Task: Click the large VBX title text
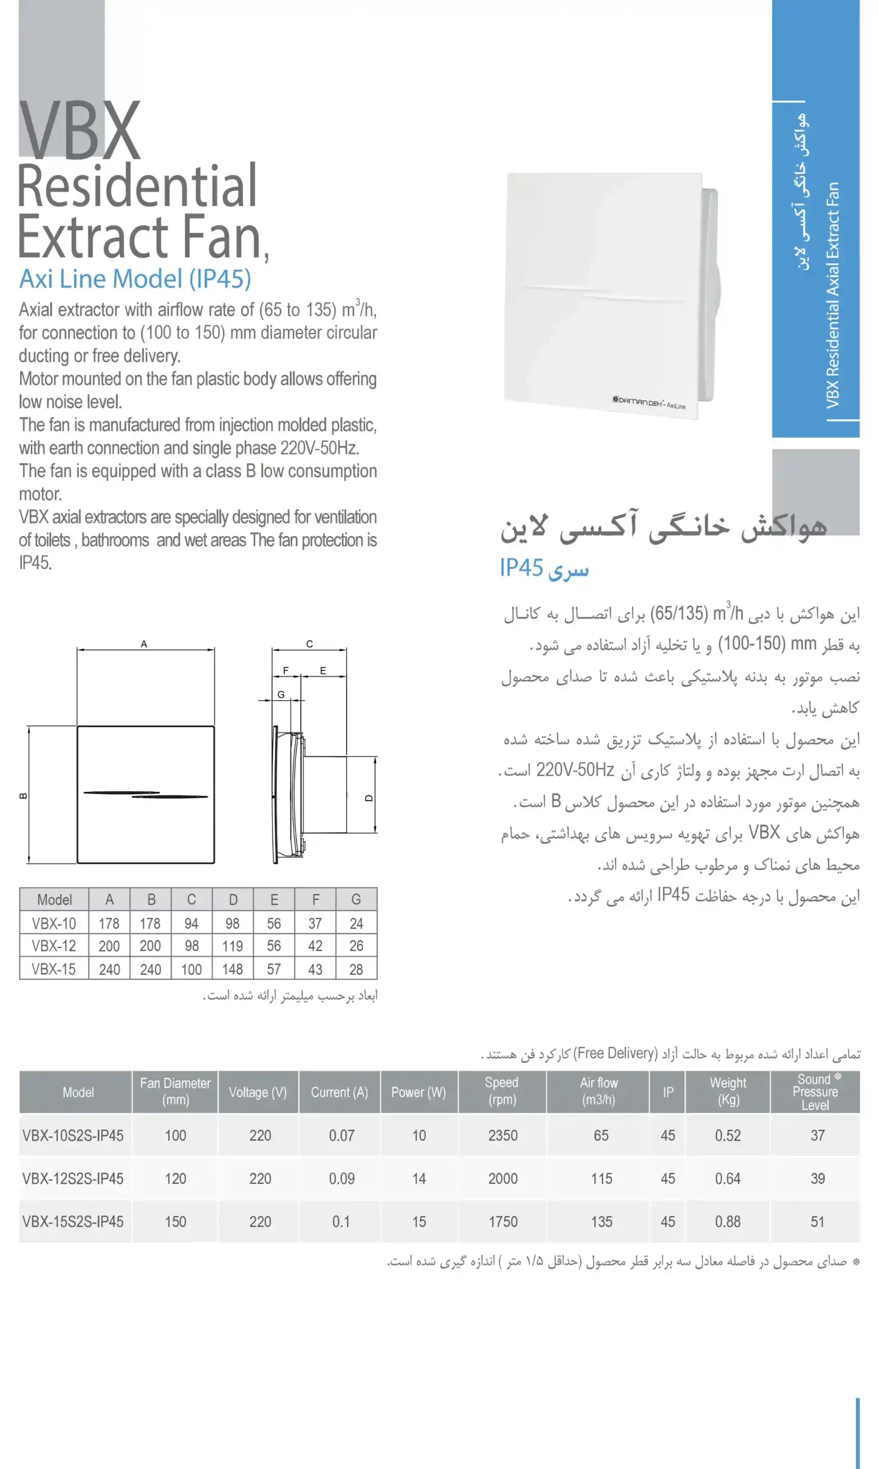pyautogui.click(x=79, y=130)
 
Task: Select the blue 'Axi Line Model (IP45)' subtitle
pyautogui.click(x=135, y=278)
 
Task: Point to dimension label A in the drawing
pyautogui.click(x=144, y=644)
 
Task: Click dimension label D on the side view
pyautogui.click(x=369, y=798)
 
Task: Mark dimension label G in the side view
pyautogui.click(x=281, y=694)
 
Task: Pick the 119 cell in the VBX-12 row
pyautogui.click(x=232, y=946)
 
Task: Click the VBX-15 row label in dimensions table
pyautogui.click(x=54, y=969)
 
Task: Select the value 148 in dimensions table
pyautogui.click(x=232, y=969)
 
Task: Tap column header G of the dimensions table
pyautogui.click(x=356, y=899)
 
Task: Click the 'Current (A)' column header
pyautogui.click(x=340, y=1092)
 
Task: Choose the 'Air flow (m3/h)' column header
pyautogui.click(x=598, y=1091)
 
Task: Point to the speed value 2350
pyautogui.click(x=502, y=1136)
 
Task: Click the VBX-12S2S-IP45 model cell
pyautogui.click(x=73, y=1179)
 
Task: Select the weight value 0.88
pyautogui.click(x=728, y=1222)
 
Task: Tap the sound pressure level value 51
pyautogui.click(x=817, y=1222)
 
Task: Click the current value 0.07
pyautogui.click(x=341, y=1136)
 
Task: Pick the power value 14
pyautogui.click(x=419, y=1179)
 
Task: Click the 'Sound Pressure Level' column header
pyautogui.click(x=816, y=1091)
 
